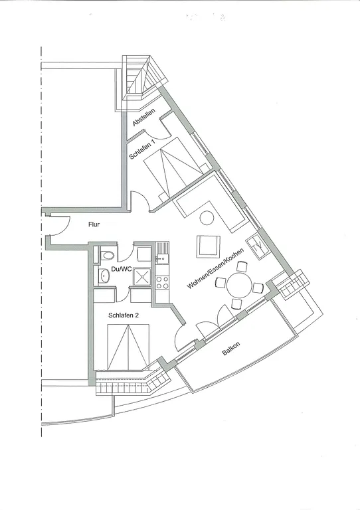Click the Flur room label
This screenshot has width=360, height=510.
click(94, 224)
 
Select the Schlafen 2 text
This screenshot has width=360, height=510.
click(124, 315)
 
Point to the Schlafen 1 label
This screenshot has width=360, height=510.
click(142, 149)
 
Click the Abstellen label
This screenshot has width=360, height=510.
click(143, 117)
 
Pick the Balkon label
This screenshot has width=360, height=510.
click(231, 349)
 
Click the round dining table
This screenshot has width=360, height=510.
click(240, 286)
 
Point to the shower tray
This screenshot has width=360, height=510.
click(142, 276)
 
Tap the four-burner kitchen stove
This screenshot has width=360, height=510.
click(162, 282)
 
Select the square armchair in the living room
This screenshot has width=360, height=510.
click(208, 246)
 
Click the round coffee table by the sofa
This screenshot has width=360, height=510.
click(207, 218)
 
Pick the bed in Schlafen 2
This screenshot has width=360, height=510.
click(128, 347)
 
